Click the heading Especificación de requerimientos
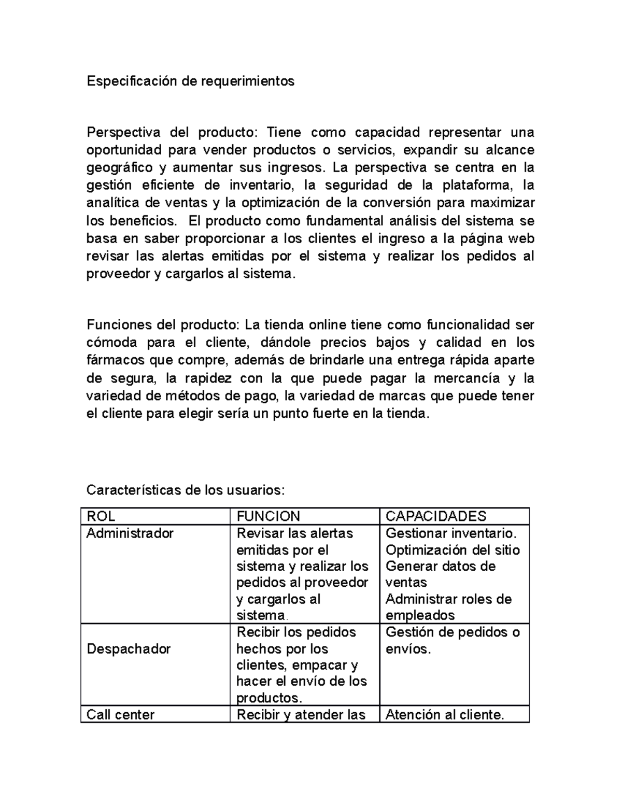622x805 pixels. [x=190, y=81]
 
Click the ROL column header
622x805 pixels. [x=101, y=516]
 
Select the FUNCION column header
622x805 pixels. [x=268, y=516]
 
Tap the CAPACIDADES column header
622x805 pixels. [x=436, y=516]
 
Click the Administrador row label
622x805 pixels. [x=130, y=533]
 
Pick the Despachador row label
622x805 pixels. [x=129, y=649]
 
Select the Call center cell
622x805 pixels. [x=120, y=715]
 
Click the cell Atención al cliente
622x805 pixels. [x=445, y=715]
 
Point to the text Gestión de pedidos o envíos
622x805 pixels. [x=453, y=640]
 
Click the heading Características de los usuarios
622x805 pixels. [x=186, y=490]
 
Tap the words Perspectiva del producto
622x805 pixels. [x=171, y=133]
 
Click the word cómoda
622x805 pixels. [x=112, y=343]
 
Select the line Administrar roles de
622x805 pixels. [x=448, y=599]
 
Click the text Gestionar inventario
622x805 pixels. [x=451, y=533]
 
